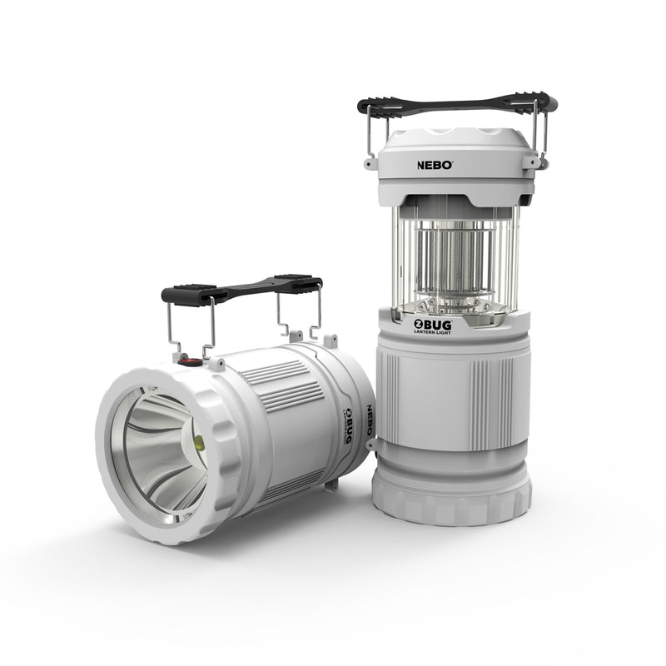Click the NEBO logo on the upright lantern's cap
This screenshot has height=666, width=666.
(435, 165)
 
